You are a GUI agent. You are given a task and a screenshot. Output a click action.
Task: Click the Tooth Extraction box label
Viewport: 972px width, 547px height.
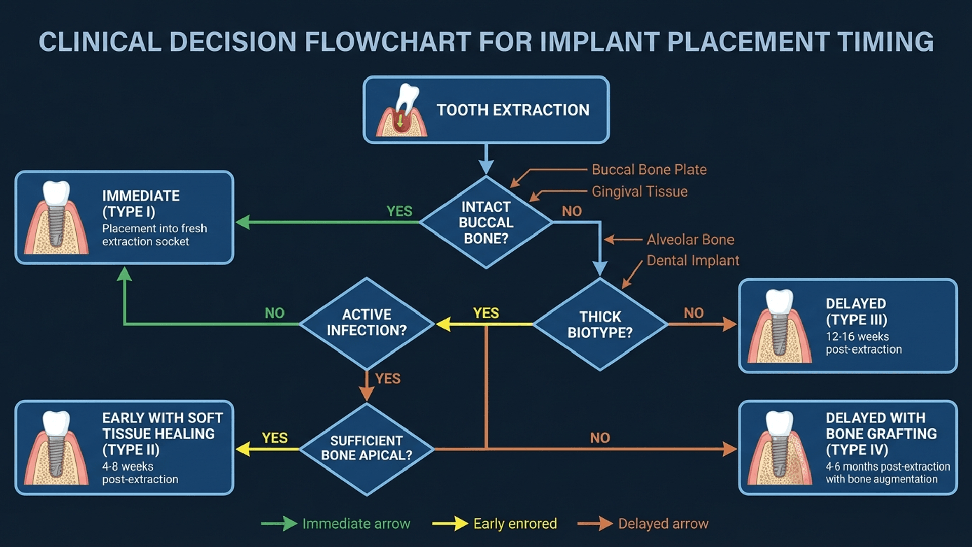pos(513,110)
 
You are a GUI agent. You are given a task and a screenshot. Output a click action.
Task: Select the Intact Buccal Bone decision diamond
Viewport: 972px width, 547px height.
pos(486,222)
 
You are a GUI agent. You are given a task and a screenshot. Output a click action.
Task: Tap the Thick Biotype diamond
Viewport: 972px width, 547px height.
pos(600,324)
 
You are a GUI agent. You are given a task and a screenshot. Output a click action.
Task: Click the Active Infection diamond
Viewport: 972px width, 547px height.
pos(367,323)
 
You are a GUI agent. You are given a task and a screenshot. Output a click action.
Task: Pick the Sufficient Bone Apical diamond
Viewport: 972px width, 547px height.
pos(367,448)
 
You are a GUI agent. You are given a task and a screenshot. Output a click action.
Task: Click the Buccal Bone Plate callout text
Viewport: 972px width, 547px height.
pos(649,170)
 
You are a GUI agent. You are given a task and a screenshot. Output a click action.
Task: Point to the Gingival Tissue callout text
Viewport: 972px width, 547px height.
pos(639,192)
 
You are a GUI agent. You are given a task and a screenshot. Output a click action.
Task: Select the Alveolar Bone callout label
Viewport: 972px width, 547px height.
pos(690,240)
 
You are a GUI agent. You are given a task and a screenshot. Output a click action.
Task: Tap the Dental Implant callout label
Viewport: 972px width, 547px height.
pos(693,261)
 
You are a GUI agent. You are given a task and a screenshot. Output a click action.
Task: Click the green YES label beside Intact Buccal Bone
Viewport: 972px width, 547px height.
pos(399,211)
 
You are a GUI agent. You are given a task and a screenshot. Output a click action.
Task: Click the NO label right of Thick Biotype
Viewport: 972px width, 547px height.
pos(694,313)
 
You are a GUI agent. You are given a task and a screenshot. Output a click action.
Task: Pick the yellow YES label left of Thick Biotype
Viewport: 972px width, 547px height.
pos(486,313)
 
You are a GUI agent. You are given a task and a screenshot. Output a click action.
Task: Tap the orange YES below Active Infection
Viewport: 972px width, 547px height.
pos(388,379)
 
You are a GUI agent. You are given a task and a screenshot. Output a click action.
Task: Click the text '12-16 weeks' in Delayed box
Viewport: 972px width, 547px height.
pos(857,337)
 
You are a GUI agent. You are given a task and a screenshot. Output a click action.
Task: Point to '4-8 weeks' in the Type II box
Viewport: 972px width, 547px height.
pos(128,466)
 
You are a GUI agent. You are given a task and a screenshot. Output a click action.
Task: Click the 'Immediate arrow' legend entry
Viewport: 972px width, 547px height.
pos(356,524)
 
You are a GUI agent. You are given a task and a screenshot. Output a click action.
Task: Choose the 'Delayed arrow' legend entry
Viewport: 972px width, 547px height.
pos(663,524)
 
